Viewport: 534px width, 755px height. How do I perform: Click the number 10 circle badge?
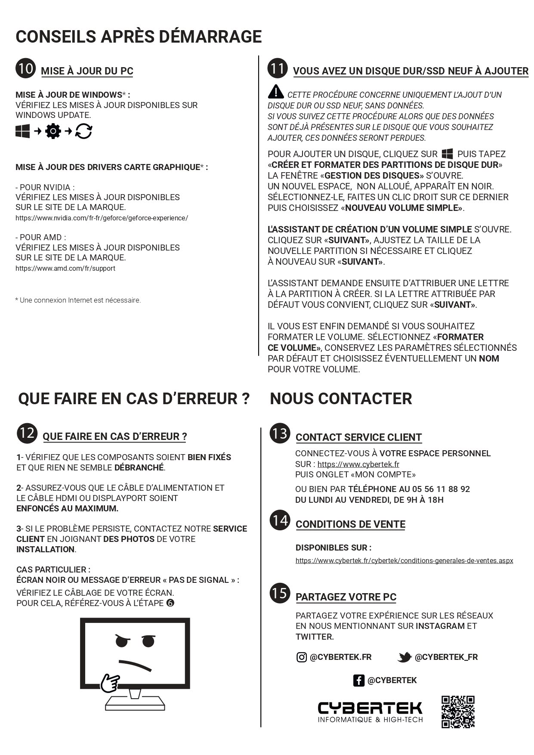pos(26,68)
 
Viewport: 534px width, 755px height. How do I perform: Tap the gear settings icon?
pos(53,131)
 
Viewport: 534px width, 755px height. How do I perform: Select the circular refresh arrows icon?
pos(83,131)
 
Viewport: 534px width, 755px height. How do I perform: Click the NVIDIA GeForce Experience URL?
pos(102,218)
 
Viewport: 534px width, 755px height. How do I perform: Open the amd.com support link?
pos(65,268)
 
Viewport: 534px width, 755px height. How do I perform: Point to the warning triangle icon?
pos(276,92)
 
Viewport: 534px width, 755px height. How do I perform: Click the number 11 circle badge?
pos(278,68)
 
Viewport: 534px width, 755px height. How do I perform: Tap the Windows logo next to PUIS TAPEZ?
pos(447,154)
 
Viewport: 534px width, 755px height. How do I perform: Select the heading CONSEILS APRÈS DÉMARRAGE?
pos(139,37)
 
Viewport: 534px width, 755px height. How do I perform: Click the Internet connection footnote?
pos(78,300)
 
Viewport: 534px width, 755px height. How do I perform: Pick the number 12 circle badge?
pos(27,433)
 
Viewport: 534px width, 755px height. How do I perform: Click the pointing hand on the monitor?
pos(110,683)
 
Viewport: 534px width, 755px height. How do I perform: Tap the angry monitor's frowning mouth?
pos(135,665)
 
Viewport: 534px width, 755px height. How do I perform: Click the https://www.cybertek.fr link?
pos(358,464)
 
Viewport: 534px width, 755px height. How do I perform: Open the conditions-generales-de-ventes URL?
pos(404,560)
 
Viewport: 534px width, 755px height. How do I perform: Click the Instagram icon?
pos(302,657)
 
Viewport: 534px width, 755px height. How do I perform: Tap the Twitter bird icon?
pos(404,657)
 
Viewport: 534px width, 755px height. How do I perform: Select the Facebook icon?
pos(358,680)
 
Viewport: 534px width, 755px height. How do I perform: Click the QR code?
pos(458,712)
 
